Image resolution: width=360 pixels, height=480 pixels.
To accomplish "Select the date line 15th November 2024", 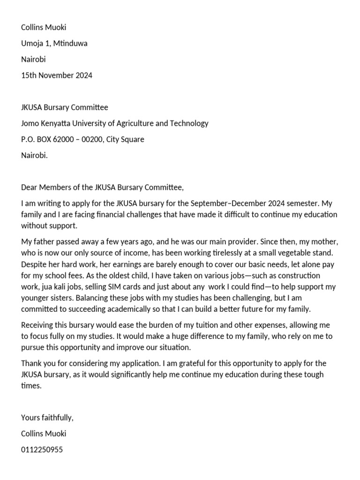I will pos(57,75).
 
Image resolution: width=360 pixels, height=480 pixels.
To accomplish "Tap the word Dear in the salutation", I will pos(30,187).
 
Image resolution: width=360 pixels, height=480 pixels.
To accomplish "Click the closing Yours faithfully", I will pos(47,418).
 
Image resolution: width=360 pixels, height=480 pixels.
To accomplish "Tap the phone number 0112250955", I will pos(42,450).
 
